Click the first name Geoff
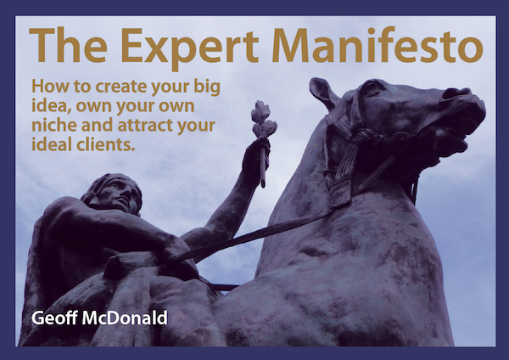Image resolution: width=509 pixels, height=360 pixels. (54, 318)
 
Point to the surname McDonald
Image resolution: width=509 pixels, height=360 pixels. (125, 318)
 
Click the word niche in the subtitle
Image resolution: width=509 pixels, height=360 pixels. (54, 125)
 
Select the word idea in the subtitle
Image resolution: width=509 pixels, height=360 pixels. (51, 107)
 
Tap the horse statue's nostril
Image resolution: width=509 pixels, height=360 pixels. (452, 93)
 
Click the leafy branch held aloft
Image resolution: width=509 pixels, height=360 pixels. (264, 121)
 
